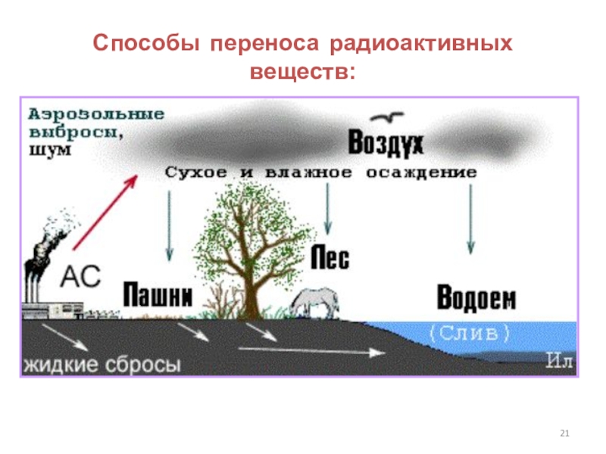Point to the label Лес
pyautogui.click(x=331, y=259)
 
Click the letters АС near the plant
pyautogui.click(x=80, y=276)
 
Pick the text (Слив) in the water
pyautogui.click(x=470, y=332)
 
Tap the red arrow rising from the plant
pyautogui.click(x=105, y=212)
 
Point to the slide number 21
pyautogui.click(x=564, y=433)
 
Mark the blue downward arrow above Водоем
pyautogui.click(x=470, y=219)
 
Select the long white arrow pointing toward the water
pyautogui.click(x=311, y=350)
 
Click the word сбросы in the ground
pyautogui.click(x=144, y=365)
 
